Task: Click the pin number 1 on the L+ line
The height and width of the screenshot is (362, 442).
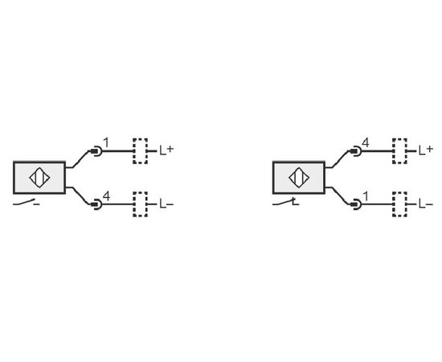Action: click(x=106, y=142)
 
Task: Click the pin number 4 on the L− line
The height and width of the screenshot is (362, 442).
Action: click(x=106, y=195)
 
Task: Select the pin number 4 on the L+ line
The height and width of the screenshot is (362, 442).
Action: click(x=365, y=142)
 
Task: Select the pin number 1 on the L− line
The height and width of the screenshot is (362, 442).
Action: click(x=366, y=196)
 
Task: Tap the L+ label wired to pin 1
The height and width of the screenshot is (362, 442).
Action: click(x=166, y=150)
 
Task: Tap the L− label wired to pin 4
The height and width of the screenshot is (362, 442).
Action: click(x=166, y=204)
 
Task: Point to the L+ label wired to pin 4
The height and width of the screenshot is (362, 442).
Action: click(x=426, y=150)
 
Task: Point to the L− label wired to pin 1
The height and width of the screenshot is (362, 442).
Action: click(x=426, y=204)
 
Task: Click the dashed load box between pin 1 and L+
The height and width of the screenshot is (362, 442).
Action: click(x=140, y=151)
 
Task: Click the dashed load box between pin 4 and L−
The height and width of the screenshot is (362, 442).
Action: click(x=140, y=204)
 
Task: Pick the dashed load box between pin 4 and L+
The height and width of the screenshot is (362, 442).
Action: click(x=399, y=151)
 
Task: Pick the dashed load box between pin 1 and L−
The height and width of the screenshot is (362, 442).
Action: click(x=399, y=204)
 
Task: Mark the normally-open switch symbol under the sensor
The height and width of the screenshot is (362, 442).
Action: click(x=27, y=202)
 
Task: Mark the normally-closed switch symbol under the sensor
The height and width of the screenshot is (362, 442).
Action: click(x=285, y=202)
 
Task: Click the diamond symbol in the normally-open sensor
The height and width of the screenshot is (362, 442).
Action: click(x=39, y=178)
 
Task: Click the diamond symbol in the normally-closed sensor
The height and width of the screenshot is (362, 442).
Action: click(x=299, y=178)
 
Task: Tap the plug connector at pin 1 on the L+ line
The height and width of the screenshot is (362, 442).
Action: click(x=96, y=151)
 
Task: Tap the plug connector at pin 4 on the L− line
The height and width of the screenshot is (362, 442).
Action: click(x=96, y=204)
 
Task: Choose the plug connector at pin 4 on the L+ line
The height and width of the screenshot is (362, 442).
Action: click(x=356, y=151)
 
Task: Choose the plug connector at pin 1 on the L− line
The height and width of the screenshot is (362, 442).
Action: click(x=356, y=204)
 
